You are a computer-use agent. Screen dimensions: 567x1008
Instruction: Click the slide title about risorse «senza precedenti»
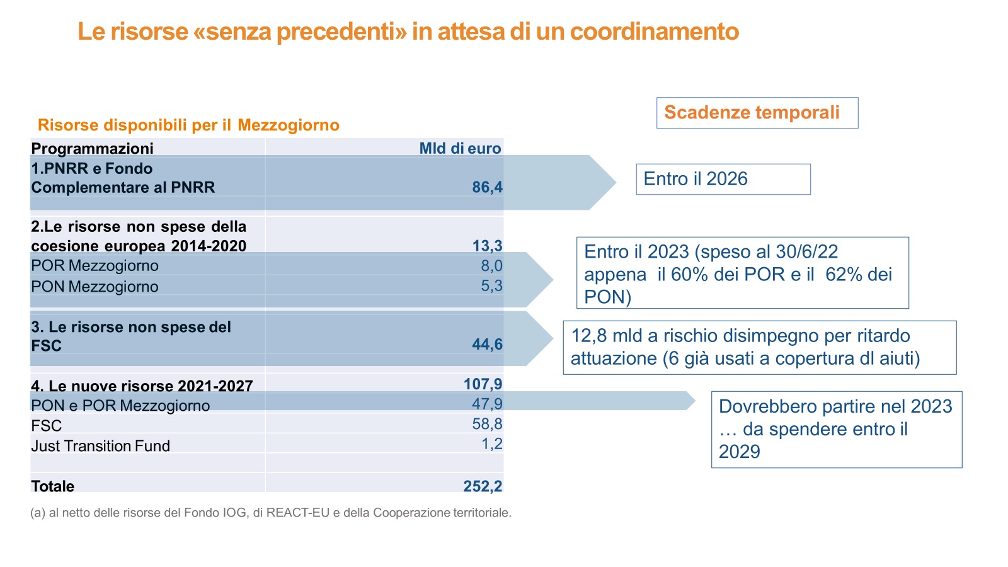(x=408, y=31)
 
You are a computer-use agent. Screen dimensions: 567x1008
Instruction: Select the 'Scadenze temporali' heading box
(x=757, y=113)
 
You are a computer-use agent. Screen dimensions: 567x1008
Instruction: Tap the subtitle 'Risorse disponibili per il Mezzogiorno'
(x=188, y=125)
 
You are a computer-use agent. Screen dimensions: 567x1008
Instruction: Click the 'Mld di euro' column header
(x=460, y=149)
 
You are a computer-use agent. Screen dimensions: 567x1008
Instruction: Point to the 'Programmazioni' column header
(x=92, y=149)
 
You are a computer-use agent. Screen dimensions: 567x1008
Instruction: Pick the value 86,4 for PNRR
(x=487, y=187)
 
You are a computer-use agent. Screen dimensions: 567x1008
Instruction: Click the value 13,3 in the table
(x=487, y=246)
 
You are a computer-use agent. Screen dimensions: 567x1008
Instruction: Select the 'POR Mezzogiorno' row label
(x=94, y=266)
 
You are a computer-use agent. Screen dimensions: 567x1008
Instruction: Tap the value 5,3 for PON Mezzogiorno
(x=491, y=286)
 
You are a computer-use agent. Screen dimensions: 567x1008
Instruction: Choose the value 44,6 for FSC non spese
(x=487, y=345)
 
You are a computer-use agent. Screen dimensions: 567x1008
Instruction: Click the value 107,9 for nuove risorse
(x=483, y=384)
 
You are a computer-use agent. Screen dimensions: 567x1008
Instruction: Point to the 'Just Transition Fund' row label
(x=100, y=446)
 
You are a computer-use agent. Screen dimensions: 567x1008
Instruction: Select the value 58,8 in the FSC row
(x=487, y=424)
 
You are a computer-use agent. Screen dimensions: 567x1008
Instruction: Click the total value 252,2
(x=483, y=486)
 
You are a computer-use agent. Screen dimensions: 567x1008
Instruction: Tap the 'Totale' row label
(x=52, y=486)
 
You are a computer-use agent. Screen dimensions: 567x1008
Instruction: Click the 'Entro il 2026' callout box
(x=723, y=180)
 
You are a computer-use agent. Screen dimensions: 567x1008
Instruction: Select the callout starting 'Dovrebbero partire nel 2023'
(x=836, y=429)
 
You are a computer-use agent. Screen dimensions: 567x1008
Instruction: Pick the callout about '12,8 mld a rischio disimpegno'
(x=759, y=347)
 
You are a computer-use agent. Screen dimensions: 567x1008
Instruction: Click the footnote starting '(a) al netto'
(x=271, y=513)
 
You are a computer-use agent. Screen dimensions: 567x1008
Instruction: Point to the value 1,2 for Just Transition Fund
(x=491, y=444)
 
